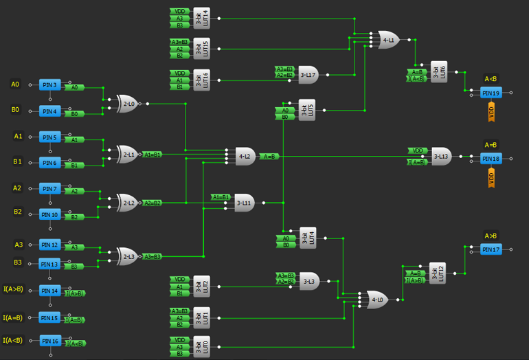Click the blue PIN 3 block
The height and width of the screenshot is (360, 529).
[49, 85]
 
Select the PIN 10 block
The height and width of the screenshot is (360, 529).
[49, 214]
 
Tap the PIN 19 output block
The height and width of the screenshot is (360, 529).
[491, 93]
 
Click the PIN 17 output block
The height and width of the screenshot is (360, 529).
[491, 249]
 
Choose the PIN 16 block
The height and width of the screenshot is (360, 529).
[49, 341]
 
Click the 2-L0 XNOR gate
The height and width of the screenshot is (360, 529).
[127, 104]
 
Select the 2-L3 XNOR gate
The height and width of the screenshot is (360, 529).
[127, 256]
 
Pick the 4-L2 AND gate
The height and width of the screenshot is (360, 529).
[245, 157]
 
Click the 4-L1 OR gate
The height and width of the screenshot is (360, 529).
[387, 41]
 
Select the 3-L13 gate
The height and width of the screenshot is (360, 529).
[440, 157]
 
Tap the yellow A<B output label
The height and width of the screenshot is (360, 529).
[491, 78]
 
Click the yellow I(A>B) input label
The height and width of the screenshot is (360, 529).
[13, 289]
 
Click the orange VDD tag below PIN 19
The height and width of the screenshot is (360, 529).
[491, 113]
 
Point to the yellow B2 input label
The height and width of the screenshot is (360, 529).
[17, 212]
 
